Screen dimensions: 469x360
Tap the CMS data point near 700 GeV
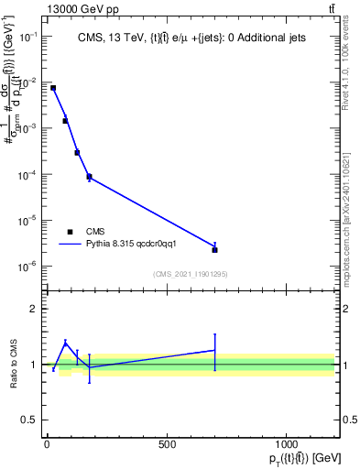pos(214,249)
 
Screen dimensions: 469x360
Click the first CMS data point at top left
pos(53,88)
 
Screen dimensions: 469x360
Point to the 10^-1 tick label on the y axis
pos(27,37)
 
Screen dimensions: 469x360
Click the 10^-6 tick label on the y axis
pos(27,267)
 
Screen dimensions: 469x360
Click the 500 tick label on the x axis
pos(167,443)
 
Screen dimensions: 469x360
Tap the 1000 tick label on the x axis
pos(287,443)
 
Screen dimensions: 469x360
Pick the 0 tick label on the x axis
pos(47,443)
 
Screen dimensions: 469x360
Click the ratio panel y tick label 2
pos(33,309)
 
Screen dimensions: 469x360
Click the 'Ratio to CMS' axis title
pos(13,365)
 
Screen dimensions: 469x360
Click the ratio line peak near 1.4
pos(65,343)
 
